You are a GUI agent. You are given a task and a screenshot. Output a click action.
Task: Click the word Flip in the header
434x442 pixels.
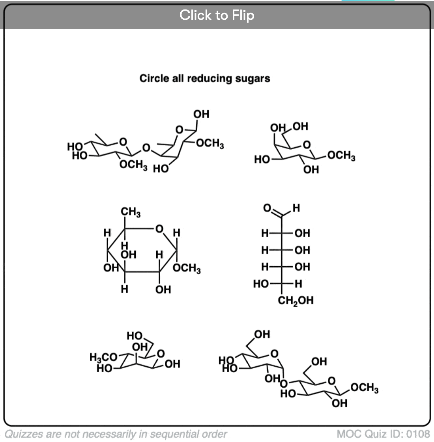pyautogui.click(x=243, y=15)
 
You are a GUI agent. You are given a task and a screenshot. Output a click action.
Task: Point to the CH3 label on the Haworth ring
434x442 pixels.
pyautogui.click(x=131, y=212)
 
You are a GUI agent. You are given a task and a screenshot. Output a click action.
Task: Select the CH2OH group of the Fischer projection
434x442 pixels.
pyautogui.click(x=296, y=301)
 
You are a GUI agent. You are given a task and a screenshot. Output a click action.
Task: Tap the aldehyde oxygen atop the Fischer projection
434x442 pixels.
pyautogui.click(x=267, y=208)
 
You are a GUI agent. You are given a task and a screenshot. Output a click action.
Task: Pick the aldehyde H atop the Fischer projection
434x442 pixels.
pyautogui.click(x=296, y=208)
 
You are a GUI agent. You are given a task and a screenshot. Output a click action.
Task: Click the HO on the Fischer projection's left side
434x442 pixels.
pyautogui.click(x=261, y=284)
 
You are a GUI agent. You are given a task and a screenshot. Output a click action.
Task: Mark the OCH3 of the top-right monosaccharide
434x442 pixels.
pyautogui.click(x=342, y=156)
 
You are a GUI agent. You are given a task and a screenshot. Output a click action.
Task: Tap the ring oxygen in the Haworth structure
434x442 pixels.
pyautogui.click(x=159, y=228)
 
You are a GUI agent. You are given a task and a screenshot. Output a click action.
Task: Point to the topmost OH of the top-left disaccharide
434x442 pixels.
pyautogui.click(x=201, y=114)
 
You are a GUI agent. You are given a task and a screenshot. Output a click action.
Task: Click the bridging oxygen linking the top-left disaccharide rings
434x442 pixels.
pyautogui.click(x=146, y=148)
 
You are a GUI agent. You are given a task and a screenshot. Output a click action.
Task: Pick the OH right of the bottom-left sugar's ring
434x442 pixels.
pyautogui.click(x=173, y=364)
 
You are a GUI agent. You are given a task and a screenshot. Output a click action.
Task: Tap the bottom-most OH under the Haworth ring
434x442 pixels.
pyautogui.click(x=163, y=290)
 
